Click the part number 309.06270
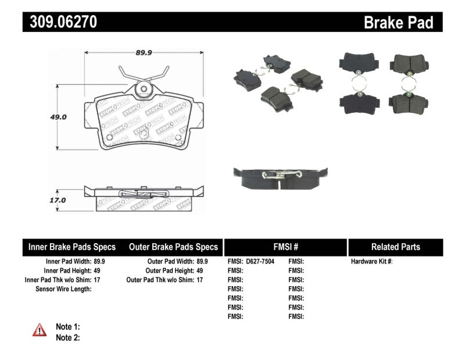pos(60,22)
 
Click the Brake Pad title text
pos(398,23)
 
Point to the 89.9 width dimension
pos(144,52)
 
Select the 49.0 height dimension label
pos(58,116)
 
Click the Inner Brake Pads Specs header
pos(72,247)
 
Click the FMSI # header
pos(285,247)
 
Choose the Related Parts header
pos(395,247)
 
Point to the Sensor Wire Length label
pos(64,289)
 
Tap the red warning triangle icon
pos(40,330)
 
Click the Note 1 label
pos(68,327)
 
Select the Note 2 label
pos(68,337)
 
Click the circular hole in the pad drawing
pos(143,89)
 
